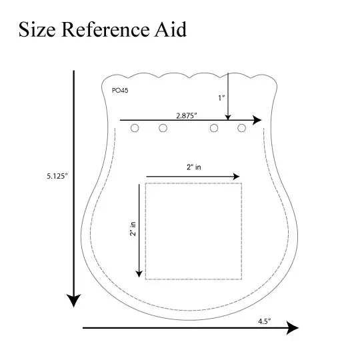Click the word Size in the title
coord(37,29)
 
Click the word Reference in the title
coord(105,29)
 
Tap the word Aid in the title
coord(171,29)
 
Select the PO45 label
coord(120,91)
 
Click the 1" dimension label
coord(221,98)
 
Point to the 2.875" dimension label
coord(187,116)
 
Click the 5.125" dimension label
coord(57,176)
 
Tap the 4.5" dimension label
coord(264,321)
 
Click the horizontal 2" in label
coord(194,167)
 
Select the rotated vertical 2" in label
coord(133,229)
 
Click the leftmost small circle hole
coord(135,128)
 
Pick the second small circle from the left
coord(163,128)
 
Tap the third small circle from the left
coord(214,128)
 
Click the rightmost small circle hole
coord(241,128)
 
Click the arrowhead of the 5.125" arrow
coord(74,300)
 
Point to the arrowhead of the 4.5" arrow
coord(293,328)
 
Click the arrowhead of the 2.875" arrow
coord(257,120)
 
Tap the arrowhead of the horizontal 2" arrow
coord(237,177)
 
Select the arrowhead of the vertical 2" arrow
coord(139,274)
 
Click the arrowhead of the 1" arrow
coord(228,117)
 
